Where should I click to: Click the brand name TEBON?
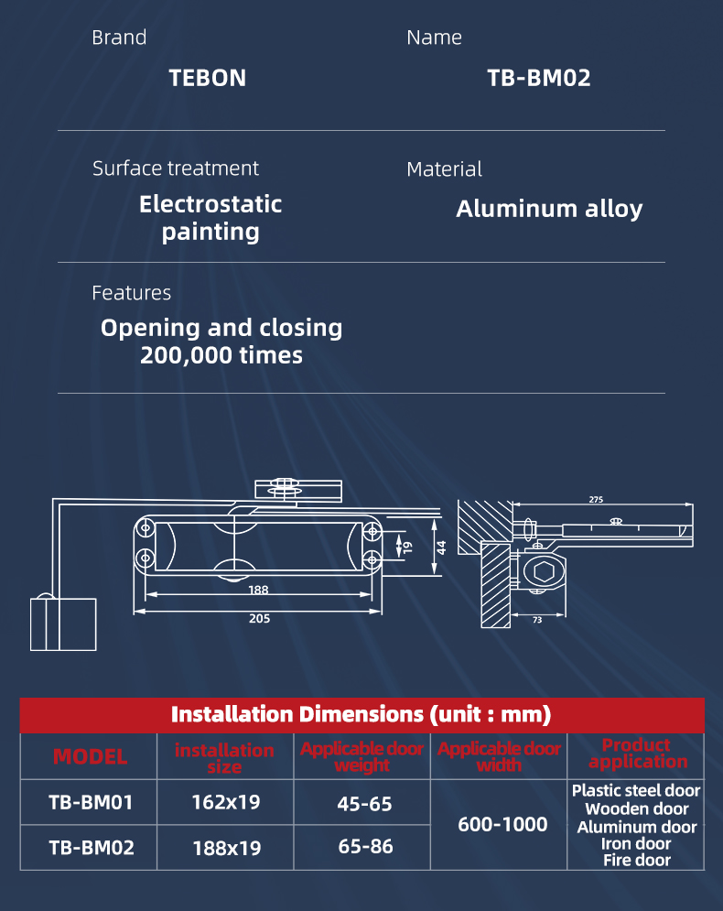208,78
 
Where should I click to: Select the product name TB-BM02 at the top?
538,78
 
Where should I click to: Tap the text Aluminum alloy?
549,209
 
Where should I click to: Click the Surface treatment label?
176,168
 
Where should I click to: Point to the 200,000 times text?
221,355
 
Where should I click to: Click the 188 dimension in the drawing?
258,590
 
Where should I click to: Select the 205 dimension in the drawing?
259,619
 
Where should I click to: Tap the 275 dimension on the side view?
596,500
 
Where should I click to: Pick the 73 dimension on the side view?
536,621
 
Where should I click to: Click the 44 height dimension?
441,548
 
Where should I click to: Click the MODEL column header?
90,756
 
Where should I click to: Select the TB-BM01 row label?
91,803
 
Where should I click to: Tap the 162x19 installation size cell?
225,803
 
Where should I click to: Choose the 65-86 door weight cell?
365,847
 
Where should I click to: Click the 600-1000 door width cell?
502,825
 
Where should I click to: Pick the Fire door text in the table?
636,860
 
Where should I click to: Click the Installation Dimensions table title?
361,714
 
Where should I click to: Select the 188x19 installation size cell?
225,848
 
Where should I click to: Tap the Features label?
131,293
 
